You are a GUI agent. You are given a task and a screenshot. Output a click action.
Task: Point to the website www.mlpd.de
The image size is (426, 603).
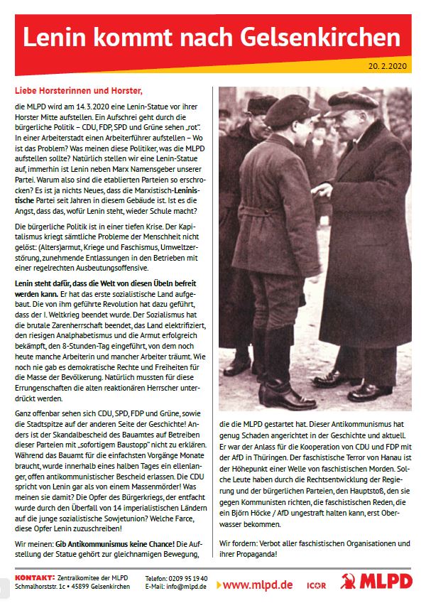tap(258, 585)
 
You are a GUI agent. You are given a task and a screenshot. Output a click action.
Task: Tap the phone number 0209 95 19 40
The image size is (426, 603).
tap(188, 579)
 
